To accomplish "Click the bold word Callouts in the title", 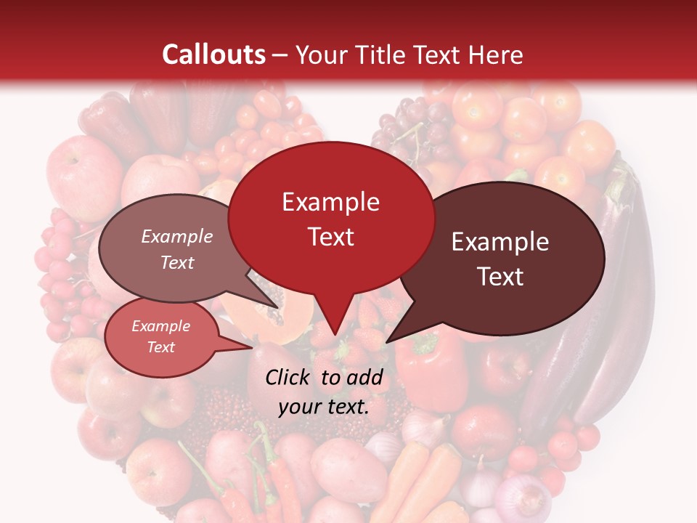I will click(x=213, y=54).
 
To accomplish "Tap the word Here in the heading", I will click(x=494, y=54).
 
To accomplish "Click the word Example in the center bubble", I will click(x=330, y=202).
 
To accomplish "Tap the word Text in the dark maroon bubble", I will click(x=500, y=277).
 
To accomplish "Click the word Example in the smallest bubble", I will click(x=161, y=326).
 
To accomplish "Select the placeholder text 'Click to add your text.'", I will click(x=324, y=392).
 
